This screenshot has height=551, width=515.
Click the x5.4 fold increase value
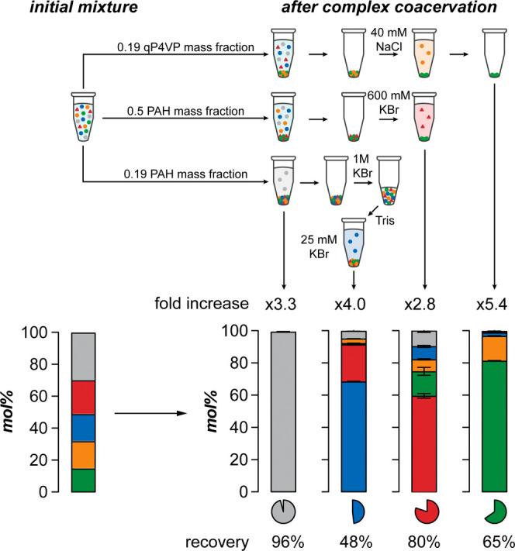pyautogui.click(x=491, y=302)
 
